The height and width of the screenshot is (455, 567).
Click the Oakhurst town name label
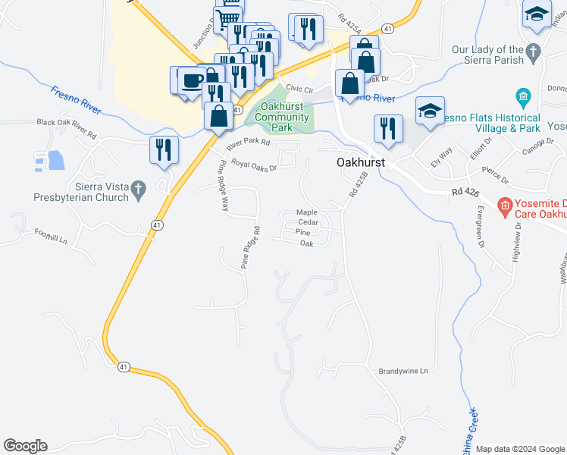click(x=361, y=163)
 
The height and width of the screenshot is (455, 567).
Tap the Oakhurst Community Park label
click(x=283, y=118)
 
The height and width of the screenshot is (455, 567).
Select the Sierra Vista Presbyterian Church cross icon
click(x=138, y=191)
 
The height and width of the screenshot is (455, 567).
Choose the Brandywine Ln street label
click(x=403, y=371)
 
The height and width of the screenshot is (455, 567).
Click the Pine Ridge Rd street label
click(x=251, y=247)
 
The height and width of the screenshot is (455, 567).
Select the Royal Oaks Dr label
click(x=254, y=163)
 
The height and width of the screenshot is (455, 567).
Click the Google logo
click(x=26, y=446)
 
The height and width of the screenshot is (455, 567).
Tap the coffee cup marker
click(x=192, y=80)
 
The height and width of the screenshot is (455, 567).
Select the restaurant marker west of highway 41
click(x=164, y=149)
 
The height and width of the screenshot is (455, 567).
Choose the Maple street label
click(x=306, y=212)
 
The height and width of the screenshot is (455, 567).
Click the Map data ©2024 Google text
click(x=520, y=449)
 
